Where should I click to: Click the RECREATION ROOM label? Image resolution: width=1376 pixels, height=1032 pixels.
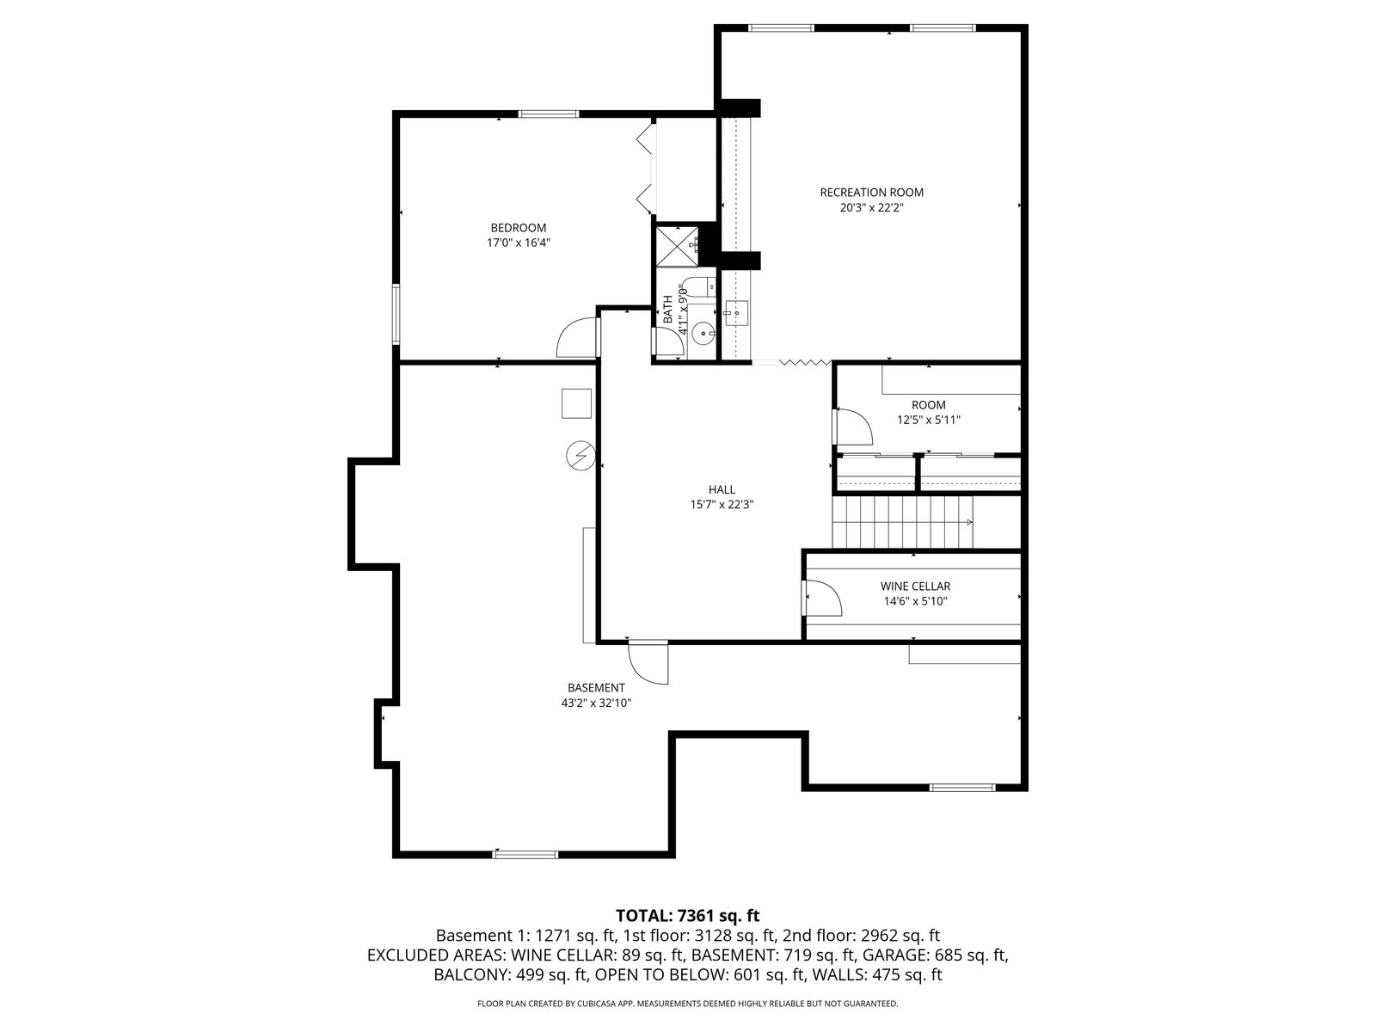(871, 193)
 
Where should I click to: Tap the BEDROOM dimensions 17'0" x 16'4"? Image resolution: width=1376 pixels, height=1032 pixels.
(519, 243)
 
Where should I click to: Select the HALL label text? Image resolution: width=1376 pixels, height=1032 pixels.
(722, 489)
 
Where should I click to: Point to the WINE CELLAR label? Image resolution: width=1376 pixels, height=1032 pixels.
(915, 586)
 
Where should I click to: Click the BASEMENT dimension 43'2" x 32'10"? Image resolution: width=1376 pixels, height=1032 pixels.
(596, 703)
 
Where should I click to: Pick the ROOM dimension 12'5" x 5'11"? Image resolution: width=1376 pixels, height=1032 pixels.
(929, 420)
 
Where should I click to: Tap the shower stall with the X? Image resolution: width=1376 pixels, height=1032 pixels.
(677, 247)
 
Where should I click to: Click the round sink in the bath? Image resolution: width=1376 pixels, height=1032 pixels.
(704, 333)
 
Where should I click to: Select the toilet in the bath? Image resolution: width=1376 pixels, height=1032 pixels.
(698, 287)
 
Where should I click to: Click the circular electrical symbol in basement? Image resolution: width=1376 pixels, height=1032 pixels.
(580, 456)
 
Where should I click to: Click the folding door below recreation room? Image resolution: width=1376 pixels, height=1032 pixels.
(805, 361)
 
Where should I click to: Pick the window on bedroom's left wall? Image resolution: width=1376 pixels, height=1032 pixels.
(396, 314)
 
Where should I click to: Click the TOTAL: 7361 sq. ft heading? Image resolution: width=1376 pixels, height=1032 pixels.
(688, 915)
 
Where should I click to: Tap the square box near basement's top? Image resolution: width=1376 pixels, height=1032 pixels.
(576, 403)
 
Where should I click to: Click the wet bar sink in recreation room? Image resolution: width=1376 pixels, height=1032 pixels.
(736, 313)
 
